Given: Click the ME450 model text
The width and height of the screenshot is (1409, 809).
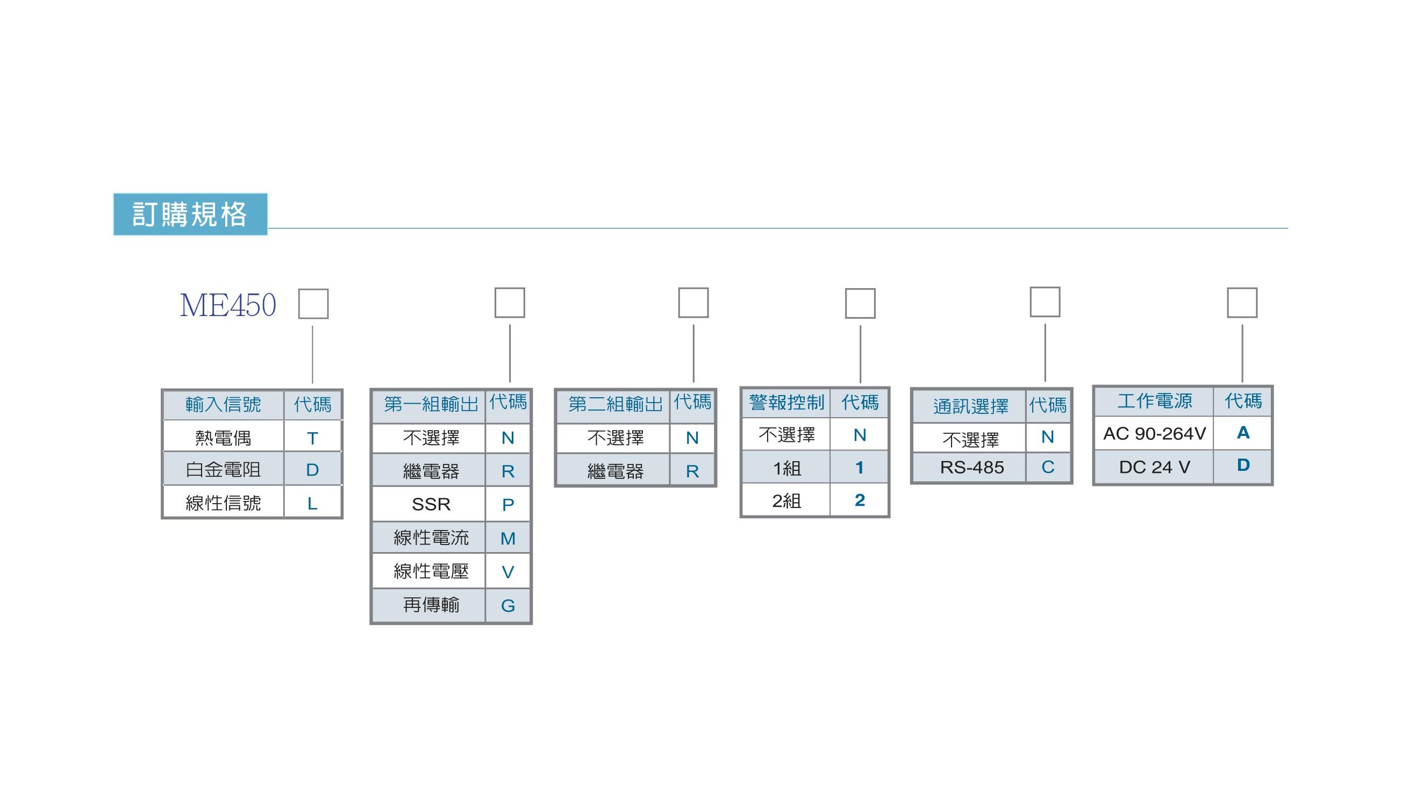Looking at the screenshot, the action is pos(228,305).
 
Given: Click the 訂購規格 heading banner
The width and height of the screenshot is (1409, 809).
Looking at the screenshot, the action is pos(190,214).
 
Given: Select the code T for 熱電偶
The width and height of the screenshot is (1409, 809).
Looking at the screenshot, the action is pos(312,439).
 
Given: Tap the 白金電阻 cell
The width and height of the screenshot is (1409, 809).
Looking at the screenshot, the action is pos(223,470).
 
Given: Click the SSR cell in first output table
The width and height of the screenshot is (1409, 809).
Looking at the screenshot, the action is pos(431,505).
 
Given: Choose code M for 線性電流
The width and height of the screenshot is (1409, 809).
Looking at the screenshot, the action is pos(508,539).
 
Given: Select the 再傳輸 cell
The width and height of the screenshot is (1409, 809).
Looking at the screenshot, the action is pos(431,605).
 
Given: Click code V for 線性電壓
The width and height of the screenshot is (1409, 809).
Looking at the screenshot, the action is pos(508,572).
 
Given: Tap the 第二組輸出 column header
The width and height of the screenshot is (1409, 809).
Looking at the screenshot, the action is pos(615,404).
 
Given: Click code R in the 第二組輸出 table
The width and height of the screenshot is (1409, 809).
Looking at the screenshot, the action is pos(692,471).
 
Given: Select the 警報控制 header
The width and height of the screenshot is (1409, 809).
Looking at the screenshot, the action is pos(786,402).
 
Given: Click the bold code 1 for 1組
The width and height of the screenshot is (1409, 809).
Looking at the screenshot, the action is pos(860,468).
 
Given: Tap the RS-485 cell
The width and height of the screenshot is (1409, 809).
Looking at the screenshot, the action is pos(972,467).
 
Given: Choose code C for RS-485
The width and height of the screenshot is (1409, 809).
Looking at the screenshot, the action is pos(1048,467).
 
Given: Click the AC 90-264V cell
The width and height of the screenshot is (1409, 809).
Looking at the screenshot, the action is pos(1155,433).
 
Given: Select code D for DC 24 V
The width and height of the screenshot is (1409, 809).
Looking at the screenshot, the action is pos(1243,465).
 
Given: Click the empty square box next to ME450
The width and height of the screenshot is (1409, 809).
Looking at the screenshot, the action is pos(313,304).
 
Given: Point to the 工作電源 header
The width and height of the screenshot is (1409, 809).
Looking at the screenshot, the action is pos(1155,401).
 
